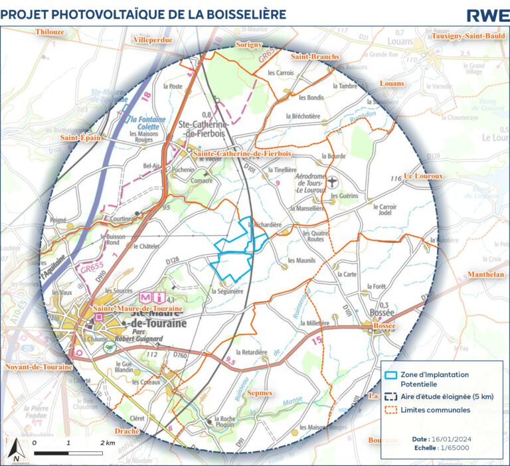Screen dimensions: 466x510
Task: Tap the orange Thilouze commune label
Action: click(50, 31)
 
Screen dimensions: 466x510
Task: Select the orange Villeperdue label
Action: click(153, 40)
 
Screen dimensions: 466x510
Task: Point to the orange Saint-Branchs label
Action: click(315, 57)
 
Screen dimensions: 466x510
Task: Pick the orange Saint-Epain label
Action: click(79, 138)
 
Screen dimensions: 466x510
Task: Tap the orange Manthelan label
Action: click(486, 274)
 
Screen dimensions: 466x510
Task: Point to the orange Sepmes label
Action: click(259, 393)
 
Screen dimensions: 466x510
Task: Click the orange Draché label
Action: click(127, 431)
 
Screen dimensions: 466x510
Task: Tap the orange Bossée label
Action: click(385, 327)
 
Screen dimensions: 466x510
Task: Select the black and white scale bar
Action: click(68, 453)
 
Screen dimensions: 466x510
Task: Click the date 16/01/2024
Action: click(454, 439)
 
